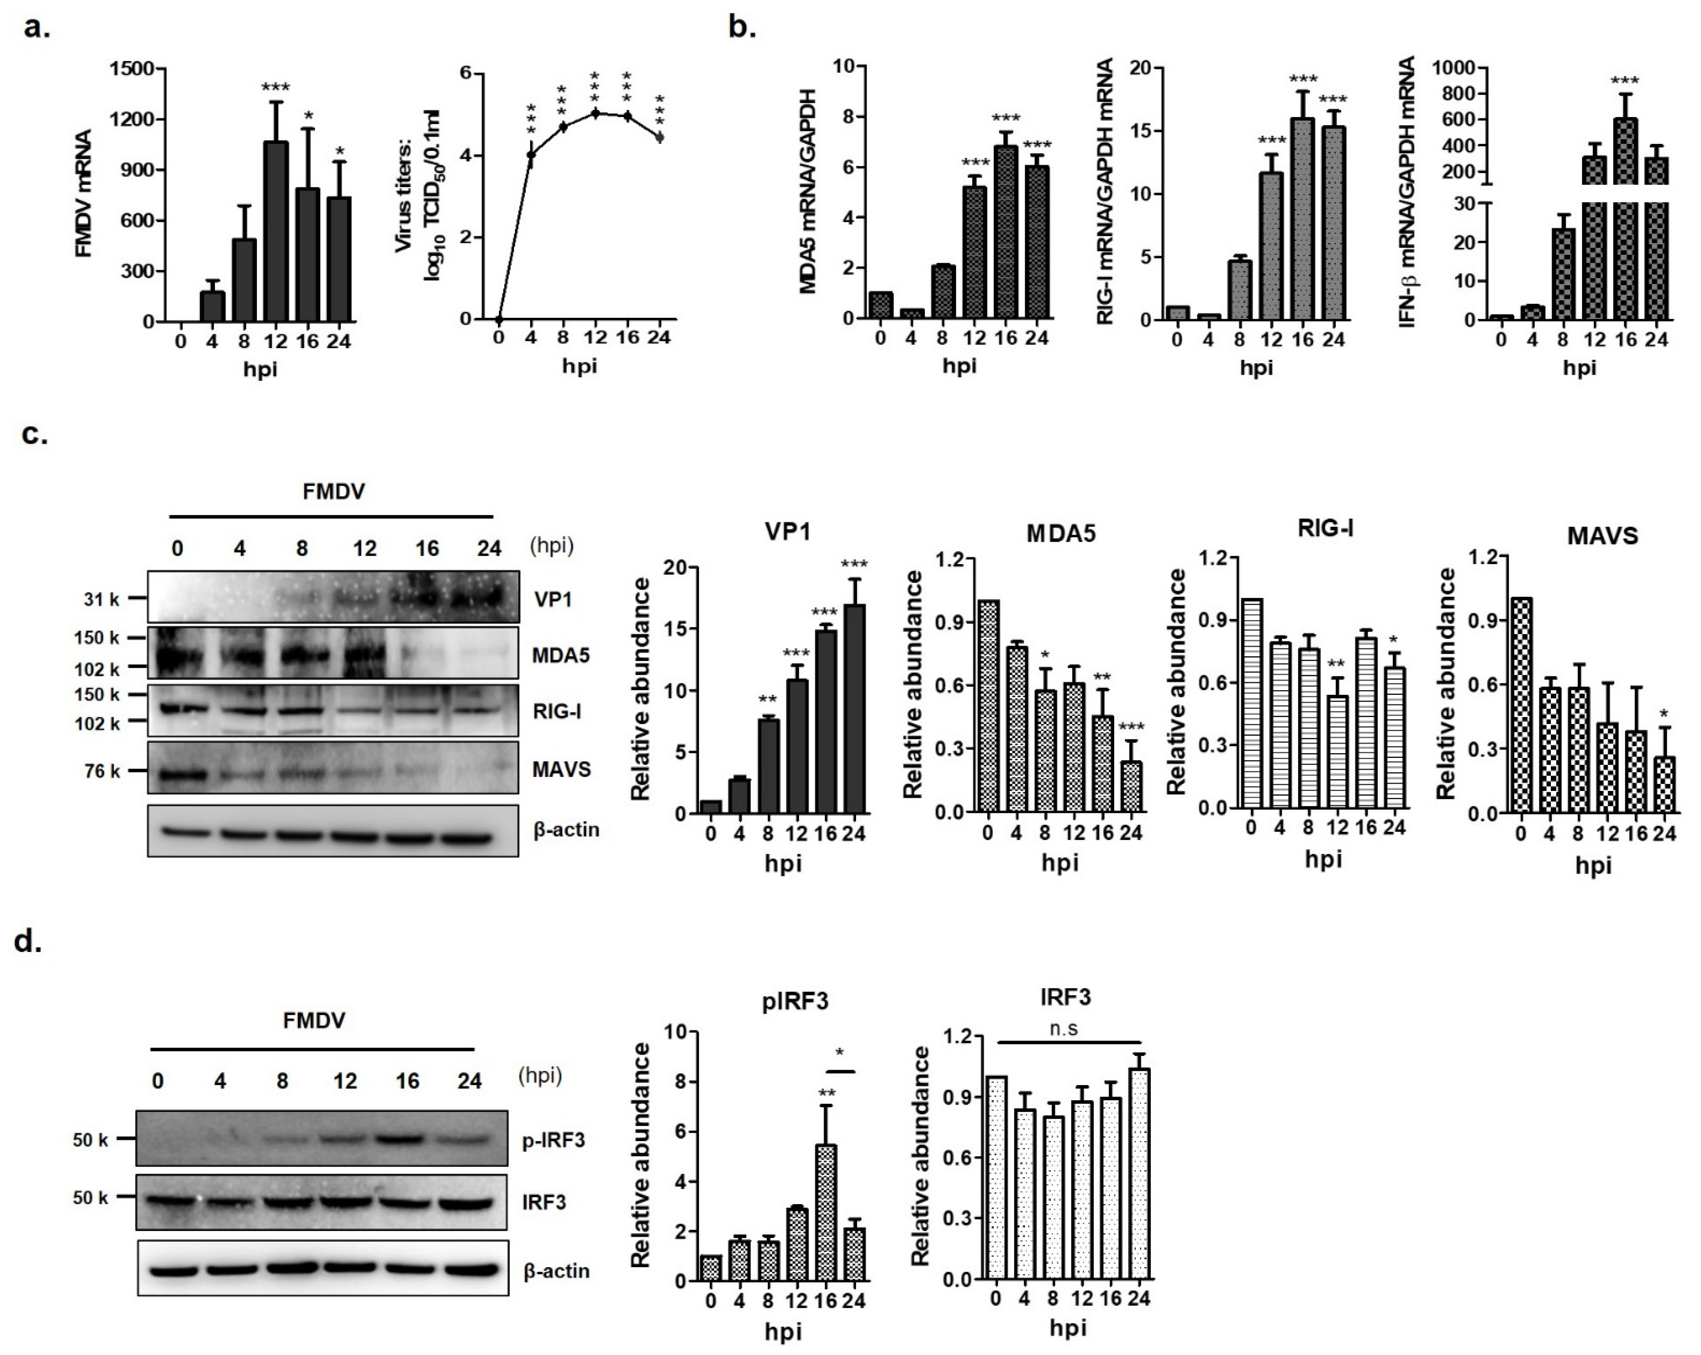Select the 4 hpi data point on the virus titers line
pyautogui.click(x=531, y=155)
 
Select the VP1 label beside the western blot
pyautogui.click(x=553, y=600)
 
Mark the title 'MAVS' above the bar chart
pyautogui.click(x=1602, y=536)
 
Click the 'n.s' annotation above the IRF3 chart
pyautogui.click(x=1066, y=1028)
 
